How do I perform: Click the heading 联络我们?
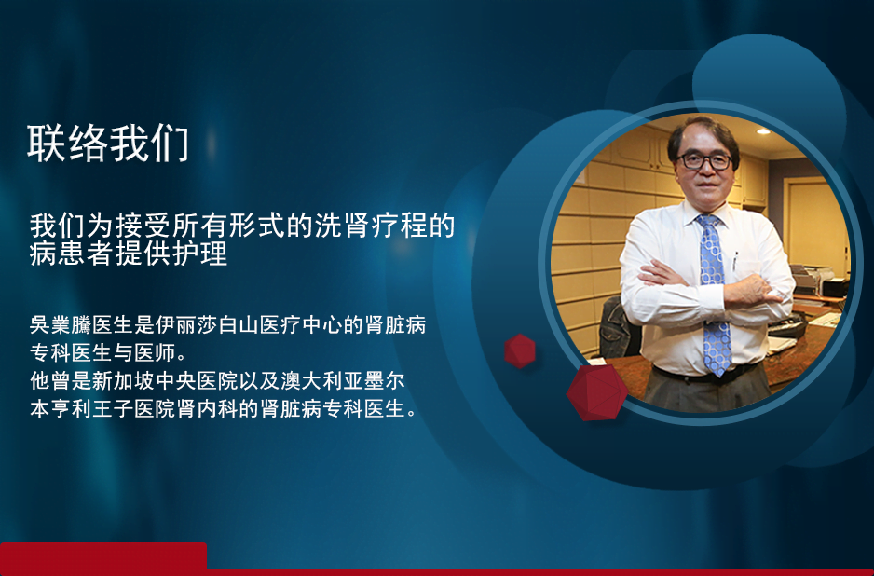tap(108, 144)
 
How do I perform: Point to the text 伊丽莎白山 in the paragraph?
tap(207, 324)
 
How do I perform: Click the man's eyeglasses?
tap(703, 161)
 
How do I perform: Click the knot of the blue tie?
tap(707, 222)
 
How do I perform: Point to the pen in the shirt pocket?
tap(736, 260)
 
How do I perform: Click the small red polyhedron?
tap(520, 351)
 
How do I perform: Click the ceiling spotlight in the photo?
tap(763, 131)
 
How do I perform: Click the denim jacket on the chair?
tap(618, 328)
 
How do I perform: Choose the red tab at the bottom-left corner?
tap(103, 558)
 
